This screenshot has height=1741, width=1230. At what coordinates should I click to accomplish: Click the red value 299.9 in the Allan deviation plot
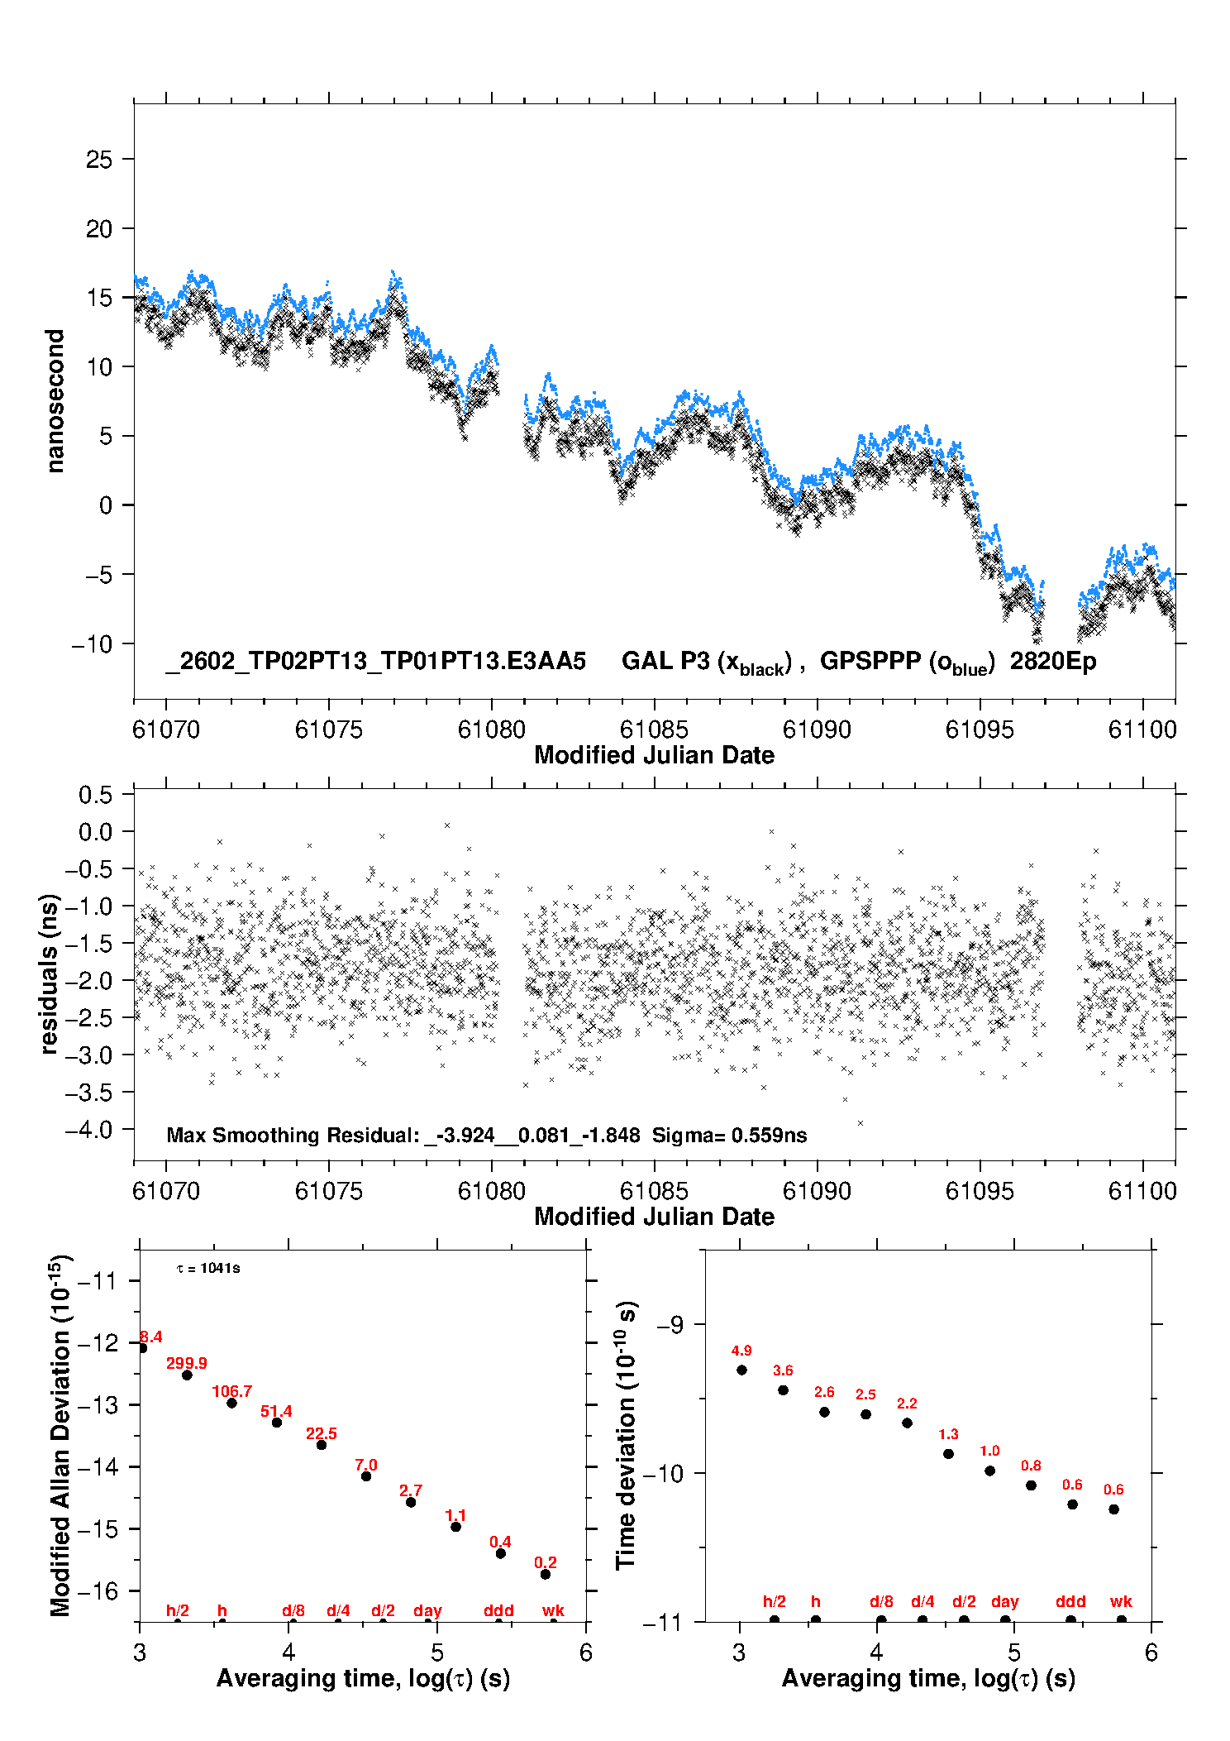[x=186, y=1363]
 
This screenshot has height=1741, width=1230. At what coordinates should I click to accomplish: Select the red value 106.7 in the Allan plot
[x=231, y=1391]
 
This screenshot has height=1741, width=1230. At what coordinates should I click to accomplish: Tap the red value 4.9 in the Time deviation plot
[x=741, y=1351]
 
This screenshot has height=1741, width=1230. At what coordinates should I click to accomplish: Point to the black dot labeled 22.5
[x=322, y=1444]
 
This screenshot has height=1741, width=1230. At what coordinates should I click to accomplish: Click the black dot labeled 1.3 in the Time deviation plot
[x=948, y=1453]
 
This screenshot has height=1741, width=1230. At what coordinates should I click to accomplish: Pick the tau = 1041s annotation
[x=208, y=1268]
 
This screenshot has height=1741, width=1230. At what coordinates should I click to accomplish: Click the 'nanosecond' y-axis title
[x=55, y=401]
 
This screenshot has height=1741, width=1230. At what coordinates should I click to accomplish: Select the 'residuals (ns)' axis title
[x=49, y=973]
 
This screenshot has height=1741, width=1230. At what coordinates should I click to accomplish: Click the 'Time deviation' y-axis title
[x=626, y=1435]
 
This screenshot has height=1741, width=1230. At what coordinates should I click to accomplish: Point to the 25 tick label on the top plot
[x=98, y=159]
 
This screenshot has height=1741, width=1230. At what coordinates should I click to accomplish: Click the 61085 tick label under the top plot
[x=654, y=729]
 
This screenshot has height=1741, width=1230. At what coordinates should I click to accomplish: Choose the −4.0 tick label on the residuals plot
[x=88, y=1130]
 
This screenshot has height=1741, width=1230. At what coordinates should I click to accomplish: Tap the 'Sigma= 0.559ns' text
[x=729, y=1135]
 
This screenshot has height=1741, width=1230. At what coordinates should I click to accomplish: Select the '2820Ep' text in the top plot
[x=1053, y=661]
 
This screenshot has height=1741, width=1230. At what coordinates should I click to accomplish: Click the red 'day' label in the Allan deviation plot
[x=427, y=1610]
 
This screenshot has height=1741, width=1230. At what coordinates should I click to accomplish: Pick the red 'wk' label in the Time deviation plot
[x=1121, y=1601]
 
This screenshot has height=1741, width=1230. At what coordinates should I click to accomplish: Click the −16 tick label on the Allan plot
[x=97, y=1590]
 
